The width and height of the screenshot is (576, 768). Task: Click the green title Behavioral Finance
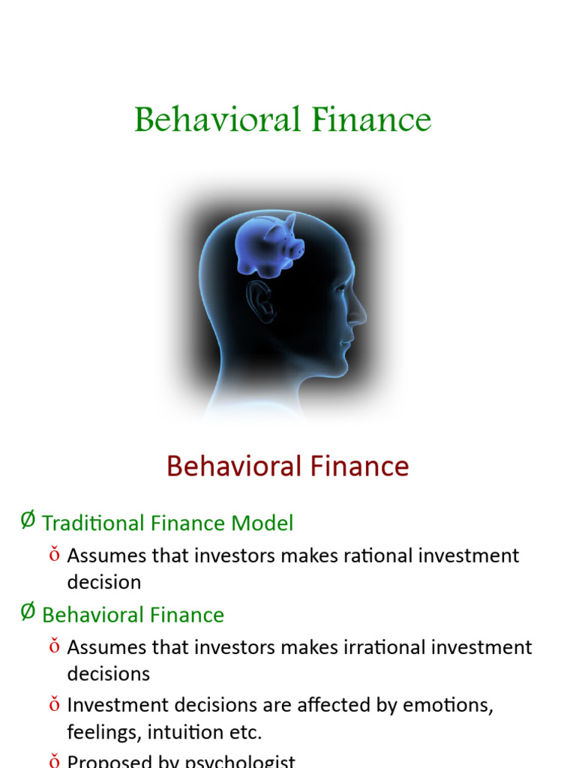(x=283, y=121)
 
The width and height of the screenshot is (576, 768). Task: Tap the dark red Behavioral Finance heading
(x=287, y=466)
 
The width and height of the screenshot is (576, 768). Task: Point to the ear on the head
(x=261, y=300)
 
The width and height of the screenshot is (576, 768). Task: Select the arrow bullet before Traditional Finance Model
(x=28, y=520)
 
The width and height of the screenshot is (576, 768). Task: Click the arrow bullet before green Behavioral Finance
(x=28, y=612)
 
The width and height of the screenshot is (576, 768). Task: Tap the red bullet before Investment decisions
(x=54, y=704)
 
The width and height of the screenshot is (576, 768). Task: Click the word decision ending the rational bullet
(x=103, y=583)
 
